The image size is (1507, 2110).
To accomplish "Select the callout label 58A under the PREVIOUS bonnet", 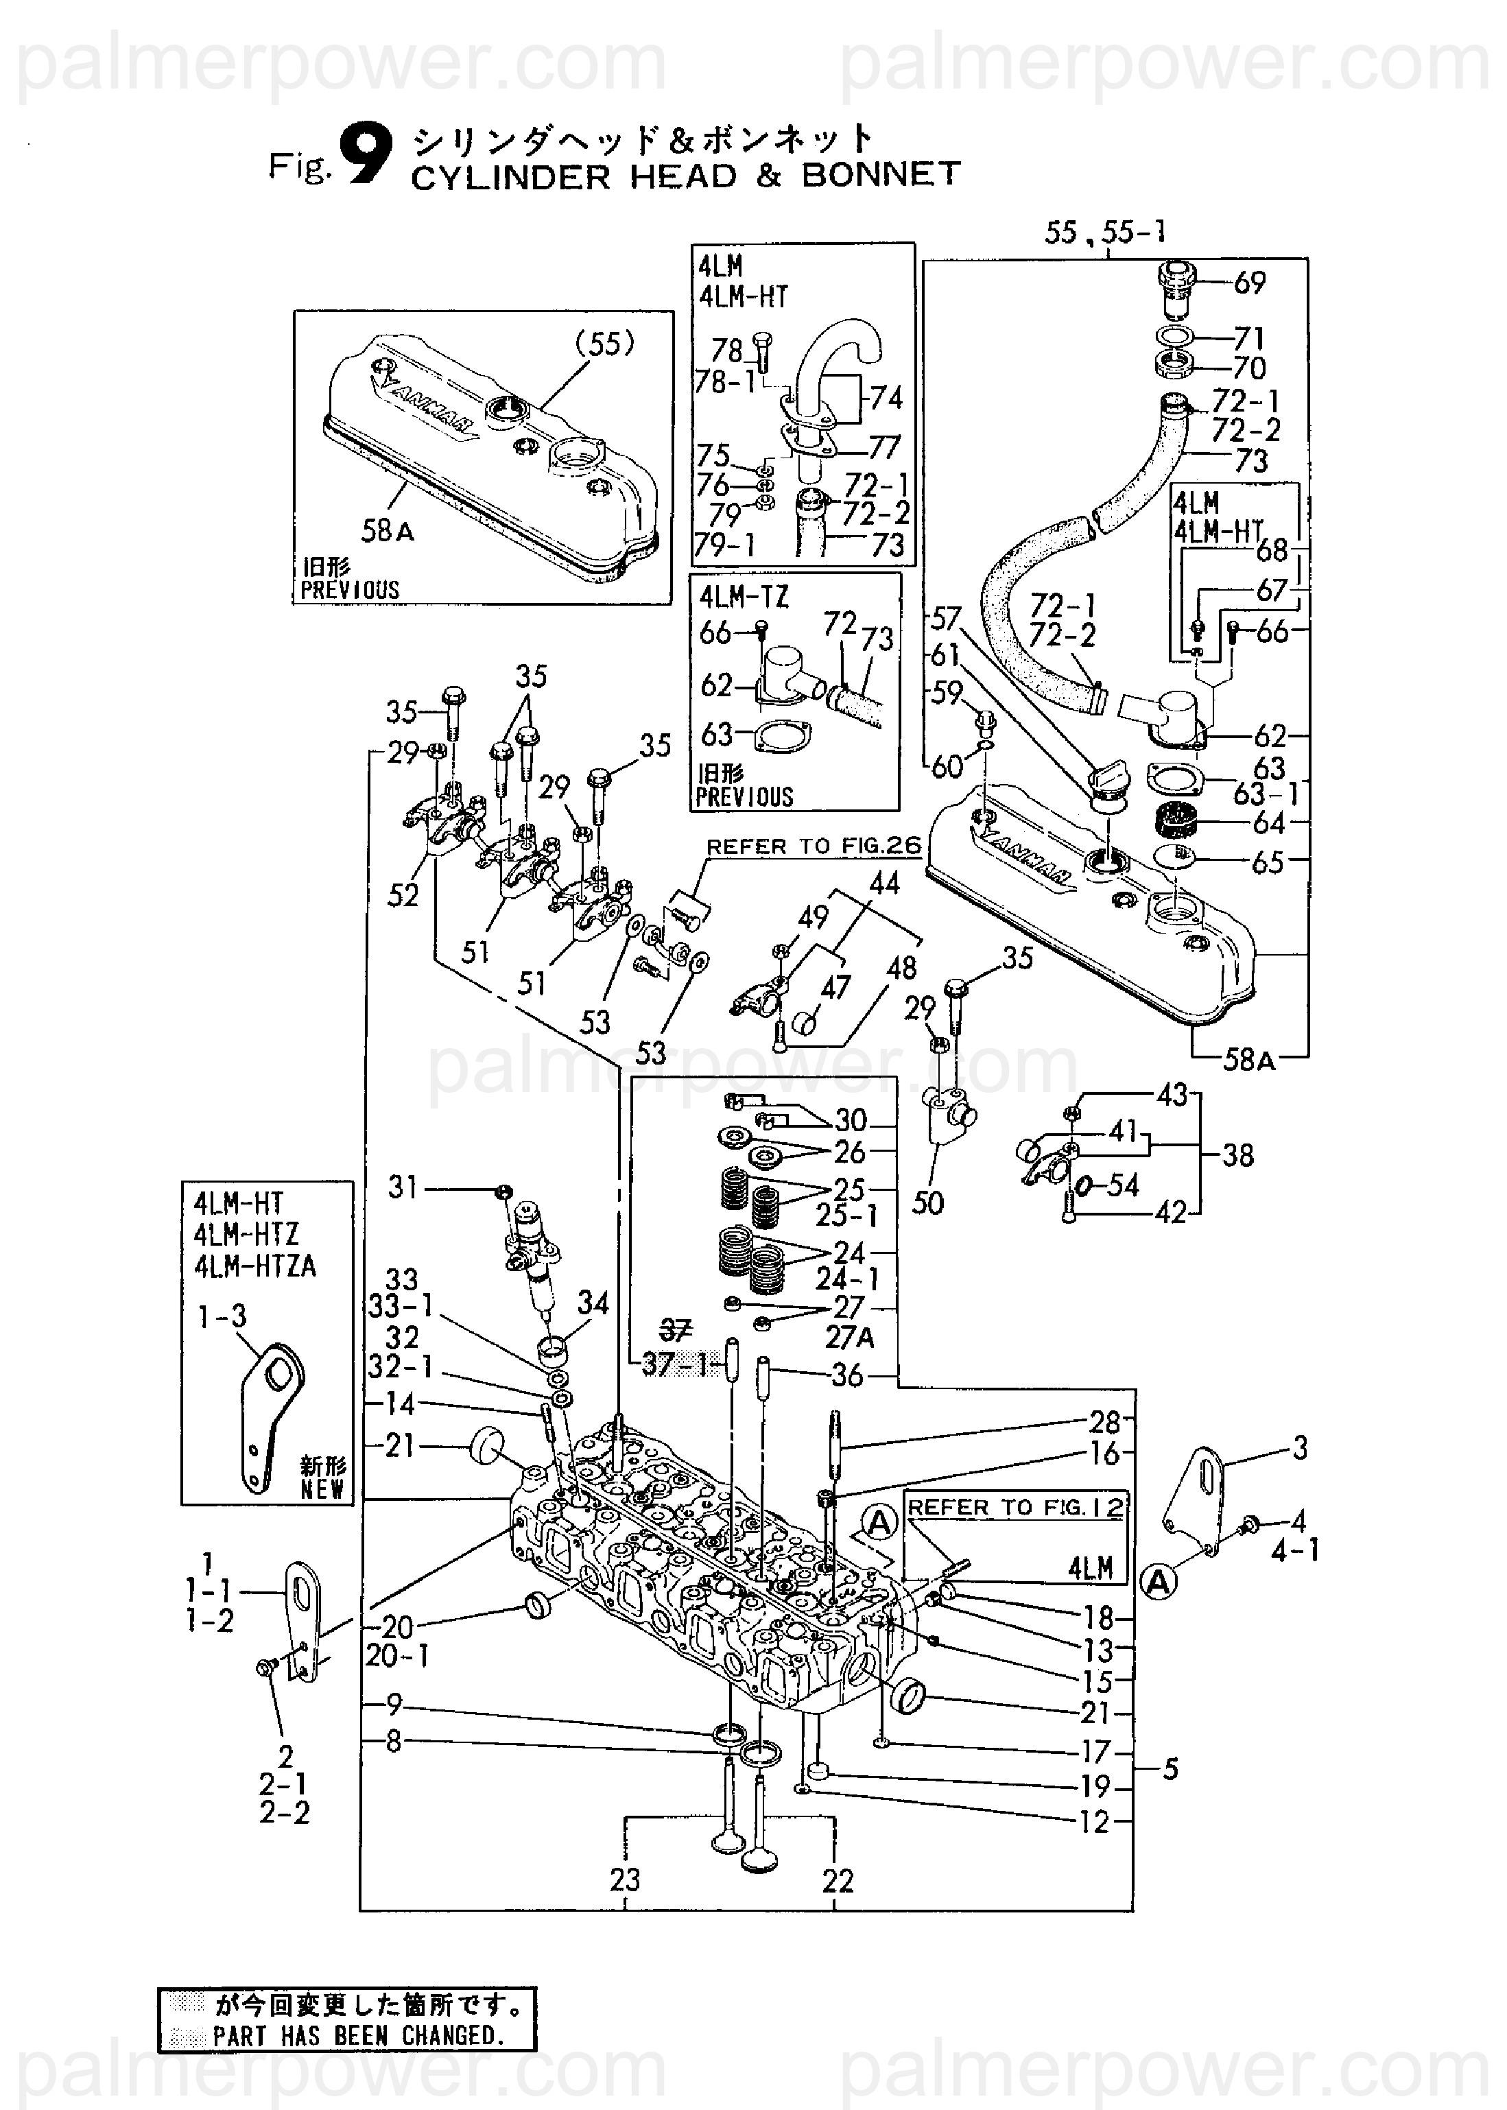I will (388, 531).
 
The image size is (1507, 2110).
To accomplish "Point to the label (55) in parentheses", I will (605, 344).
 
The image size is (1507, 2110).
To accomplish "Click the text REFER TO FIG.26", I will (814, 846).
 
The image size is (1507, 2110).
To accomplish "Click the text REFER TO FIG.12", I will (1015, 1508).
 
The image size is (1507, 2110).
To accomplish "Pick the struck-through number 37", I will (675, 1331).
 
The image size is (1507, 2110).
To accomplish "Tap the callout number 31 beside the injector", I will (403, 1187).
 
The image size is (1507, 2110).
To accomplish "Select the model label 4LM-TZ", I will (744, 597).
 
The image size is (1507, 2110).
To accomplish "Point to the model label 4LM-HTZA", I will (255, 1266).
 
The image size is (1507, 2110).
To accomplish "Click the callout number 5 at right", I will (1170, 1770).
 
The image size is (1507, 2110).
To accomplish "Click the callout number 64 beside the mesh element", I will (1268, 823).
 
